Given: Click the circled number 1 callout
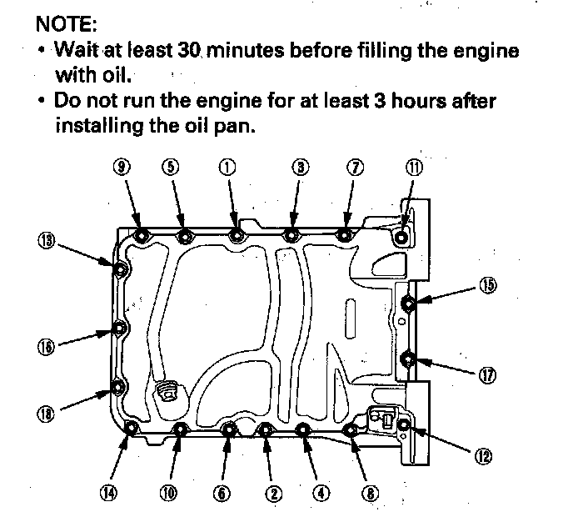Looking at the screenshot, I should pyautogui.click(x=227, y=166).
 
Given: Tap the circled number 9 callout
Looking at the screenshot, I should pyautogui.click(x=122, y=166).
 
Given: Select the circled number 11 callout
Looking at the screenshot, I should pyautogui.click(x=414, y=166).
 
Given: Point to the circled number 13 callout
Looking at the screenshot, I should pyautogui.click(x=46, y=241).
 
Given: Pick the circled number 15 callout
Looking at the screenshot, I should pyautogui.click(x=488, y=284).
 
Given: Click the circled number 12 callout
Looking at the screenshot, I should pyautogui.click(x=483, y=455).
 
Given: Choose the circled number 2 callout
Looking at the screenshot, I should pyautogui.click(x=272, y=493).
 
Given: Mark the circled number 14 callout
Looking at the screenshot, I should pyautogui.click(x=108, y=492).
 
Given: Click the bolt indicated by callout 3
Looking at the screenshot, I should pyautogui.click(x=291, y=235).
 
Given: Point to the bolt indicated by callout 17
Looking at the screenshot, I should pyautogui.click(x=408, y=360).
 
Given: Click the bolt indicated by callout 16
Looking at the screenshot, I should pyautogui.click(x=120, y=328).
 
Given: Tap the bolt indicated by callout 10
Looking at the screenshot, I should pyautogui.click(x=180, y=429).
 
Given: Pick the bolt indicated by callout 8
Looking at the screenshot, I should pyautogui.click(x=351, y=430).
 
